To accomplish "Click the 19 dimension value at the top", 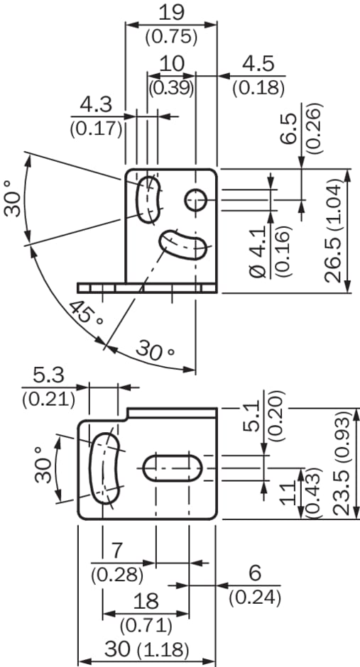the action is pyautogui.click(x=172, y=13).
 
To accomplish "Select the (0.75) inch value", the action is pyautogui.click(x=172, y=37).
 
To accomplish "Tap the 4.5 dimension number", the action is pyautogui.click(x=258, y=65).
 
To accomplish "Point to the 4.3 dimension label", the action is pyautogui.click(x=96, y=104).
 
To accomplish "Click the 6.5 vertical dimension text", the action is pyautogui.click(x=291, y=128).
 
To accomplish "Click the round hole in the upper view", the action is pyautogui.click(x=196, y=200).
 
